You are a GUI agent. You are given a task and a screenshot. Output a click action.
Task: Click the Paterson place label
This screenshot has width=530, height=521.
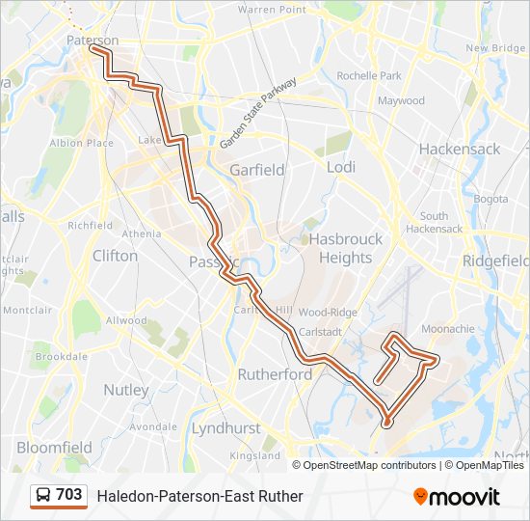tap(93, 41)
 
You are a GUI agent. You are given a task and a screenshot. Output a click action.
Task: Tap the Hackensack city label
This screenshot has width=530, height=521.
tap(460, 150)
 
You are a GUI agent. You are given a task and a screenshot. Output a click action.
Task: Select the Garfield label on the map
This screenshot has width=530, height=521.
tap(256, 170)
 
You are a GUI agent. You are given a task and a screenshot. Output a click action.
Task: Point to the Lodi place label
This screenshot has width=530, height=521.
tap(341, 167)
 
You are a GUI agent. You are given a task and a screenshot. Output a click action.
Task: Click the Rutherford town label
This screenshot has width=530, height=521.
tap(275, 374)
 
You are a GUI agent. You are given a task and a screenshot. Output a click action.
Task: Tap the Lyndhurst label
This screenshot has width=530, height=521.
tap(225, 427)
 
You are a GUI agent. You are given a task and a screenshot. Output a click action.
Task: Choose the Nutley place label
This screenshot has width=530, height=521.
tap(125, 391)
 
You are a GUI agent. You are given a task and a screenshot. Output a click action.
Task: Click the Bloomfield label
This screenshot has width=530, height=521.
tap(54, 448)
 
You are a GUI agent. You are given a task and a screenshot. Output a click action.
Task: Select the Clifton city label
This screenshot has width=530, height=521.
tap(115, 256)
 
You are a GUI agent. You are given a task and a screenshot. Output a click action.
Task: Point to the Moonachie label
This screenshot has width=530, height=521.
tap(448, 329)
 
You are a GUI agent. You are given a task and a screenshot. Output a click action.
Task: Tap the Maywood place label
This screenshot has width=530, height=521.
tap(401, 100)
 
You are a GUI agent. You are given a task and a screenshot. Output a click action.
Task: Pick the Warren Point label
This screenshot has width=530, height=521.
tap(272, 10)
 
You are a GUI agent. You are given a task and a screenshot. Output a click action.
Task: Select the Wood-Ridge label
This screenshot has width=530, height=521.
tap(328, 312)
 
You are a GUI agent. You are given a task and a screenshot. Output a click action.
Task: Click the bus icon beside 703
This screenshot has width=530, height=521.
tap(43, 495)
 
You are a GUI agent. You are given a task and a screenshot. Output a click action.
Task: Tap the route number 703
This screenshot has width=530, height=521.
tap(69, 495)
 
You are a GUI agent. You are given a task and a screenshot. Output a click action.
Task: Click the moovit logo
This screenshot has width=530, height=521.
tap(457, 497)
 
